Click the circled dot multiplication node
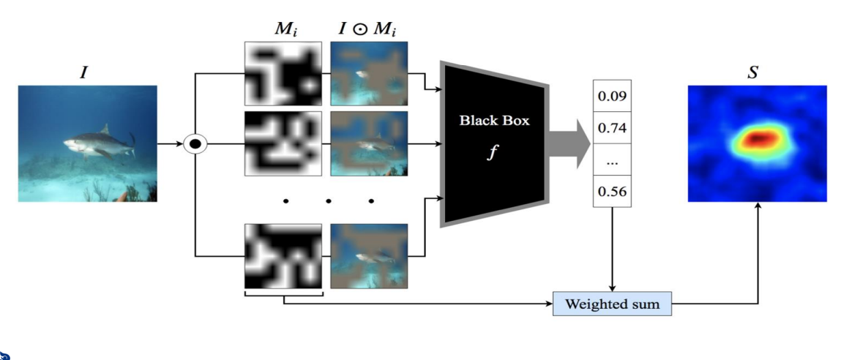coord(195,144)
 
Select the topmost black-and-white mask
coord(283,74)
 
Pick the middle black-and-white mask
coord(283,143)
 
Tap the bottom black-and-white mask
coord(283,256)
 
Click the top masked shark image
coord(369,74)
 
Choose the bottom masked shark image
coord(369,256)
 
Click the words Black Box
coord(494,121)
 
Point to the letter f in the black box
coord(493,153)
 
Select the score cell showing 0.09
coord(612,96)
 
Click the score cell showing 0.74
coord(612,128)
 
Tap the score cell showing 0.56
coord(612,191)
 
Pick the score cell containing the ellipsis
coord(612,160)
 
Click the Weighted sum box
coord(612,304)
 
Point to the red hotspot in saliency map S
coord(760,139)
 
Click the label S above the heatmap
coord(752,73)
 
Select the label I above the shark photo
coord(83,72)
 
